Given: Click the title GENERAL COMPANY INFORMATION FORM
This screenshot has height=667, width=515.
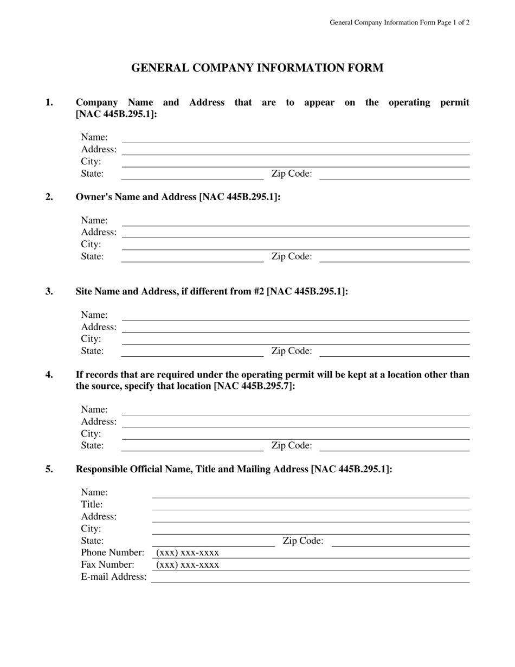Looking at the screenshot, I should pyautogui.click(x=257, y=68).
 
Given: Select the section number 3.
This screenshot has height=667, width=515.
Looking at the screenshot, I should pyautogui.click(x=49, y=291).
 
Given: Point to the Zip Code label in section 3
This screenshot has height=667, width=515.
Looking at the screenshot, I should pyautogui.click(x=292, y=351).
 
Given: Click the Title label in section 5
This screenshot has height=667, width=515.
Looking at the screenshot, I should pyautogui.click(x=92, y=504).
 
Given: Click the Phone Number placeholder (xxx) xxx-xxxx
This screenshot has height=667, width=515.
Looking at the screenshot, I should pyautogui.click(x=188, y=553).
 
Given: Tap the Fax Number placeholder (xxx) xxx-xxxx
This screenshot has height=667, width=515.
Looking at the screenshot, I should pyautogui.click(x=188, y=565).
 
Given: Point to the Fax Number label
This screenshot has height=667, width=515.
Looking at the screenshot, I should pyautogui.click(x=107, y=565).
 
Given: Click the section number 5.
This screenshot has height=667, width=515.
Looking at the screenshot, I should pyautogui.click(x=49, y=469).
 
